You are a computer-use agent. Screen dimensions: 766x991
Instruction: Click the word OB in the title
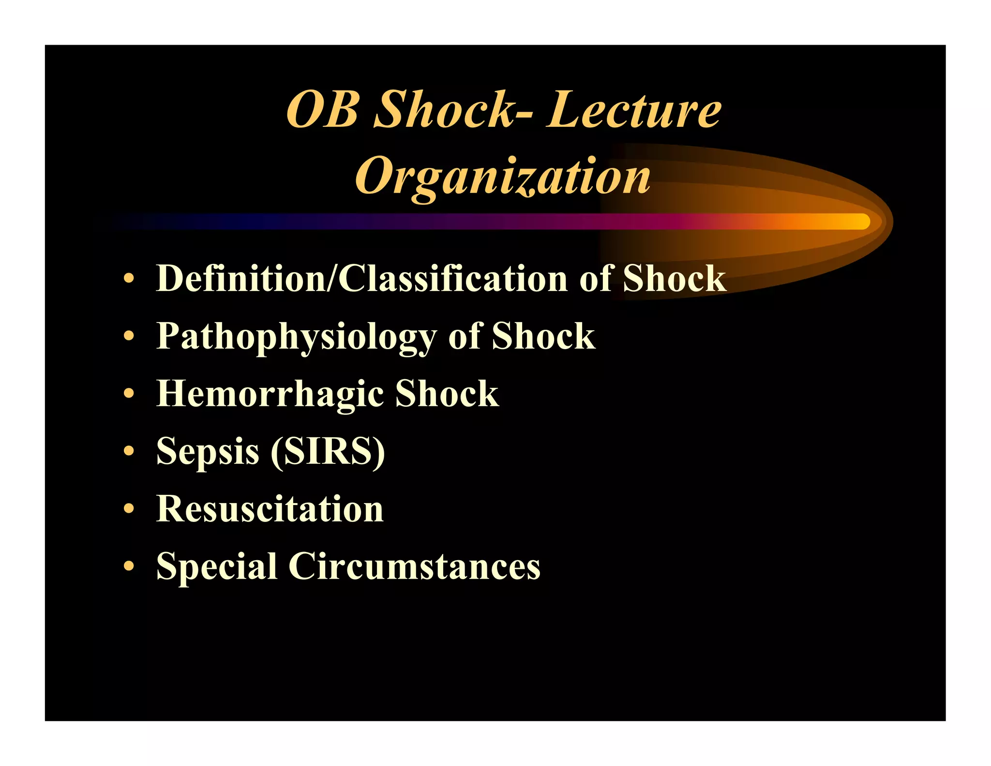(323, 110)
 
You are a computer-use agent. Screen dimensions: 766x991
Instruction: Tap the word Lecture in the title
(634, 110)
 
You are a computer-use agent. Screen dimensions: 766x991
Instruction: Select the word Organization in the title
(503, 177)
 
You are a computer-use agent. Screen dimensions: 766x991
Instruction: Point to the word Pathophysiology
(296, 337)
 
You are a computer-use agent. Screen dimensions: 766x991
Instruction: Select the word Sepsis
(208, 451)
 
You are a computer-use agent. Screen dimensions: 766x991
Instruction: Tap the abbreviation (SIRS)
(328, 451)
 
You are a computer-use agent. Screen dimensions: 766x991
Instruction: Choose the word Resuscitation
(270, 509)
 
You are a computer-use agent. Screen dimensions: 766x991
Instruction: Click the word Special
(216, 566)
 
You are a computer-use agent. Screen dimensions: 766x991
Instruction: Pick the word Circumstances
(414, 566)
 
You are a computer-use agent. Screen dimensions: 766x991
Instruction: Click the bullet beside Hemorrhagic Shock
(128, 394)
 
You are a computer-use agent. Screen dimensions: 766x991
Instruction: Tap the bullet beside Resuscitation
(128, 509)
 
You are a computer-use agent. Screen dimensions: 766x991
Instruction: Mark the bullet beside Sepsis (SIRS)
(128, 451)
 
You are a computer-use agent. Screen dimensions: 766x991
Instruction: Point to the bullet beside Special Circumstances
(128, 566)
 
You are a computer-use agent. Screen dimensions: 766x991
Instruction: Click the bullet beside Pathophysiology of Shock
(128, 336)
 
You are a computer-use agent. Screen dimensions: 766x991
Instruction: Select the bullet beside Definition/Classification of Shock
(128, 279)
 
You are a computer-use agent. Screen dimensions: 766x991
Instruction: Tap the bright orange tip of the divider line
(856, 222)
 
